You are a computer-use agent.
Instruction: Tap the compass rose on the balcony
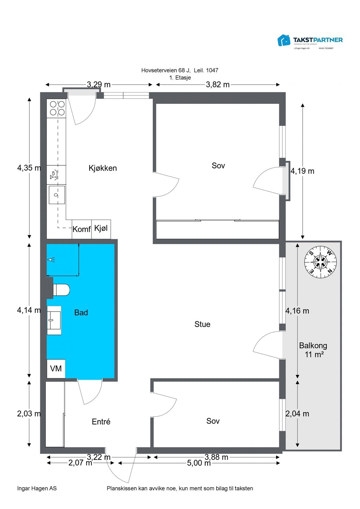[x=321, y=262]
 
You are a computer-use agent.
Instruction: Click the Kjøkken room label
[x=103, y=168]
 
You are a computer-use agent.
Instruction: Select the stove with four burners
[x=57, y=108]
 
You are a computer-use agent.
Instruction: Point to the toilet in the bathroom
[x=61, y=290]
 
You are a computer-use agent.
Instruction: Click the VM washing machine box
[x=56, y=368]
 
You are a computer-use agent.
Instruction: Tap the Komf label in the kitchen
[x=82, y=229]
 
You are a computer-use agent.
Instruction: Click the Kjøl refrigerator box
[x=101, y=228]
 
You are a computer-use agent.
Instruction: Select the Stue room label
[x=202, y=324]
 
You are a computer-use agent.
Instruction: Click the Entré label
[x=101, y=422]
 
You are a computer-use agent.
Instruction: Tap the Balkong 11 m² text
[x=313, y=350]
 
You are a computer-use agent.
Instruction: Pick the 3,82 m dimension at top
[x=217, y=85]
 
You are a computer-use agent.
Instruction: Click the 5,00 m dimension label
[x=199, y=463]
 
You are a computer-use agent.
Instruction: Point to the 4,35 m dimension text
[x=29, y=168]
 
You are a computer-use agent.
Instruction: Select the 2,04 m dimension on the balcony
[x=297, y=414]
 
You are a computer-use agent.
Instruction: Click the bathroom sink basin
[x=54, y=320]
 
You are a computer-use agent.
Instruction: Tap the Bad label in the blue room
[x=81, y=313]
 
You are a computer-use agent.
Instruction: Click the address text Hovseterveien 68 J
[x=166, y=70]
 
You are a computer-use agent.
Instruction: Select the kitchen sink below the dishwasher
[x=57, y=195]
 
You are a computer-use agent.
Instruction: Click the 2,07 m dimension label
[x=80, y=463]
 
